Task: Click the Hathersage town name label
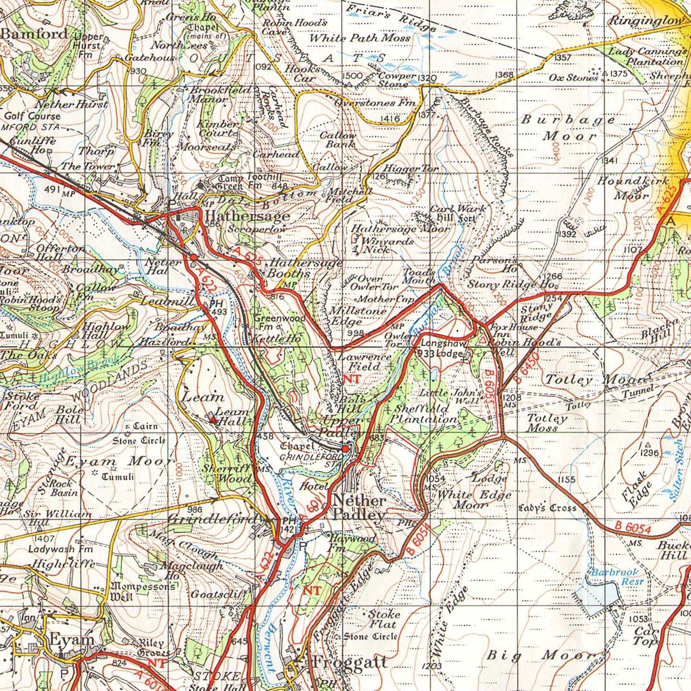tap(247, 216)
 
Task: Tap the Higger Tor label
tap(411, 169)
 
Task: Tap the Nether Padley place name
tap(359, 508)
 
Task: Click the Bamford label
tap(35, 34)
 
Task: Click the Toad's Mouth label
tap(419, 276)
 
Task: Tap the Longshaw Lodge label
tap(444, 348)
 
